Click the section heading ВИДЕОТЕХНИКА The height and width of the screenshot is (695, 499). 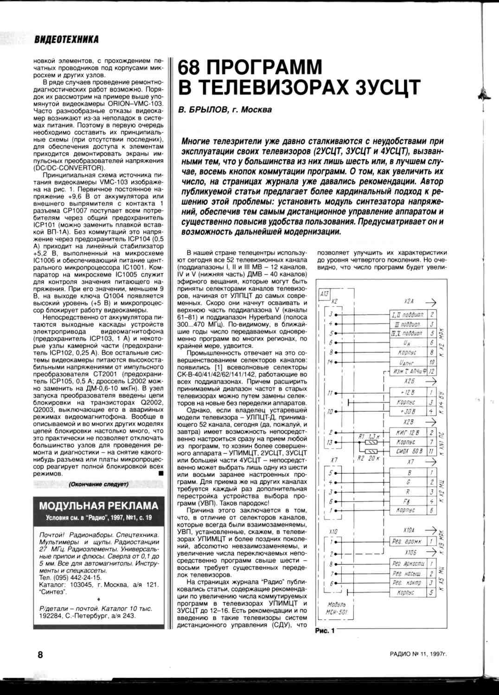[66, 39]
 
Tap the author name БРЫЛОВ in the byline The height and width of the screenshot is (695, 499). [207, 110]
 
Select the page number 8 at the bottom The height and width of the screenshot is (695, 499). [40, 654]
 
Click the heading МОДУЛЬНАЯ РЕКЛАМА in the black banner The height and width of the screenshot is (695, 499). [99, 506]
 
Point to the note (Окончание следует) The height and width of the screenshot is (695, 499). [99, 484]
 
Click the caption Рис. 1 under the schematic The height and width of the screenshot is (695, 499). [325, 630]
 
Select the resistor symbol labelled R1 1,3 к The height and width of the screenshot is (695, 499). [371, 442]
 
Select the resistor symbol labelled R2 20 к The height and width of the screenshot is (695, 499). [371, 451]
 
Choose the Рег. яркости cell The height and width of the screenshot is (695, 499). [408, 564]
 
